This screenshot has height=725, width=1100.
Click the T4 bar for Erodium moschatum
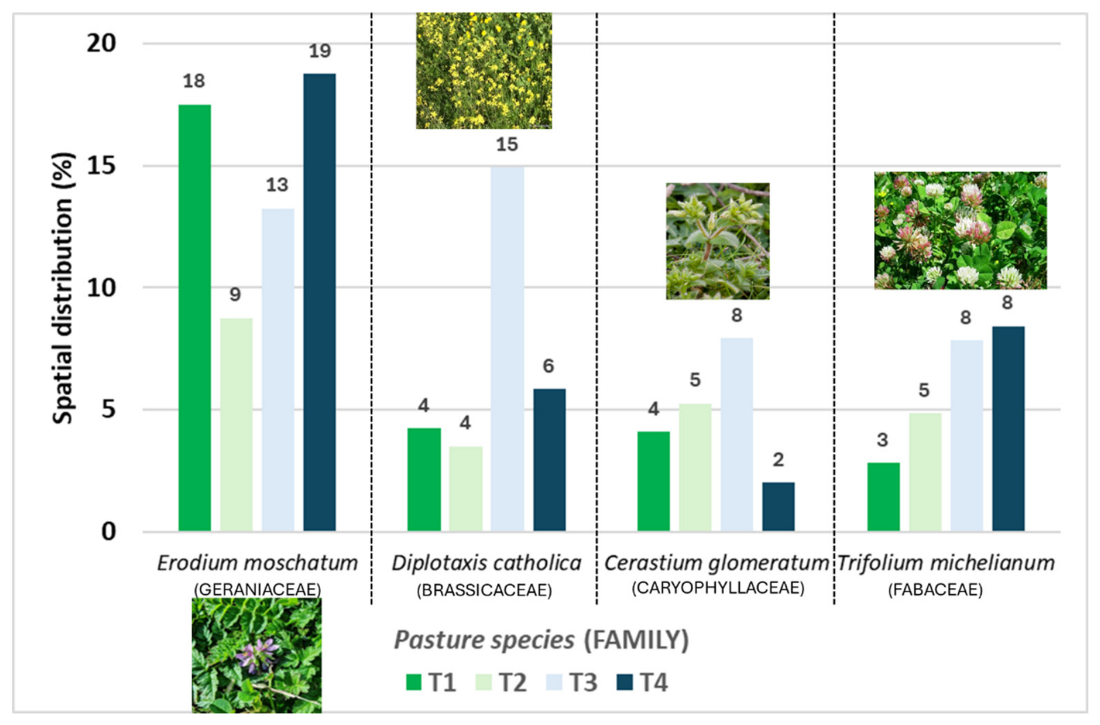pos(320,302)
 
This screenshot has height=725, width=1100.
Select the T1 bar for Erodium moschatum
pos(195,318)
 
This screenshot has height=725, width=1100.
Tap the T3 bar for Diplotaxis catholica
pos(507,349)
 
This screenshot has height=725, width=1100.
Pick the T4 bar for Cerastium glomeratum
pos(778,506)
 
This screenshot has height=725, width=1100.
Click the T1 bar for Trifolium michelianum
pos(883,497)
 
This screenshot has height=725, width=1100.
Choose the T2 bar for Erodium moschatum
pos(236,425)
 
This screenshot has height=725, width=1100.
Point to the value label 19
pos(320,51)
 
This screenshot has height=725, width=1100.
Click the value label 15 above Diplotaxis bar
pos(507,145)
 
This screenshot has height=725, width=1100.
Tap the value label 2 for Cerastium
pos(778,459)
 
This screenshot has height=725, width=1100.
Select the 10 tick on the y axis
pos(102,288)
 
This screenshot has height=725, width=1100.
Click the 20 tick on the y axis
pos(102,43)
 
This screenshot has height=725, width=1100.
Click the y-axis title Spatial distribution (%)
pos(63,288)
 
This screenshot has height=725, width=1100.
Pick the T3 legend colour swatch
pos(554,683)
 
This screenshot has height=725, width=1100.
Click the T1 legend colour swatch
pos(414,683)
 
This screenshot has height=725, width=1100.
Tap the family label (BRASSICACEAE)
pos(484,590)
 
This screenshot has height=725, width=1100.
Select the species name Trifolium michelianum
pos(946,563)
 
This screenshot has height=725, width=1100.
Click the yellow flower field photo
pos(484,71)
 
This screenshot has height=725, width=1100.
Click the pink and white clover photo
pos(960,230)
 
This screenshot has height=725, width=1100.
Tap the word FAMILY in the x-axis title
pos(636,640)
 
